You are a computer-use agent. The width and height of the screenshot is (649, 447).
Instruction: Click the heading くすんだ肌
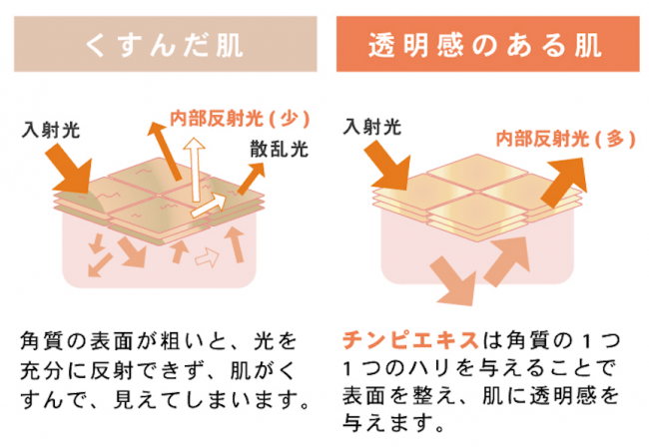pyautogui.click(x=164, y=45)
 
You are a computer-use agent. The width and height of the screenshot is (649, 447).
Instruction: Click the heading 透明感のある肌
pyautogui.click(x=484, y=45)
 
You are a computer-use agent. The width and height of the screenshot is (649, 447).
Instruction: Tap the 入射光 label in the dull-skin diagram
pyautogui.click(x=51, y=130)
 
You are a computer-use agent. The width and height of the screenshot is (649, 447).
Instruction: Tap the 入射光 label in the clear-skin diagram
pyautogui.click(x=372, y=126)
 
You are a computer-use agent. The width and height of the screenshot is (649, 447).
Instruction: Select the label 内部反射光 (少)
pyautogui.click(x=240, y=119)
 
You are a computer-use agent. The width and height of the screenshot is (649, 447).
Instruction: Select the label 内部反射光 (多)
pyautogui.click(x=565, y=139)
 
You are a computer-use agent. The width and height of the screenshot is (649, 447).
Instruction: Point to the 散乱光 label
pyautogui.click(x=279, y=149)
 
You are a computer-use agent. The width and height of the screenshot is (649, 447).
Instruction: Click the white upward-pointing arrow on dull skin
pyautogui.click(x=194, y=169)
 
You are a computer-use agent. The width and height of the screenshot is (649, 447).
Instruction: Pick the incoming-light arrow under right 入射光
pyautogui.click(x=388, y=166)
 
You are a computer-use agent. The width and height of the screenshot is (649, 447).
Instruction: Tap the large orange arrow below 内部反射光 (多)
pyautogui.click(x=564, y=182)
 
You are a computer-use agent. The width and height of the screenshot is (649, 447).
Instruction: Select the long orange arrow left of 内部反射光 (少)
pyautogui.click(x=165, y=151)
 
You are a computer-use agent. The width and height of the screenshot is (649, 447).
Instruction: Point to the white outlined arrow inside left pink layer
pyautogui.click(x=207, y=257)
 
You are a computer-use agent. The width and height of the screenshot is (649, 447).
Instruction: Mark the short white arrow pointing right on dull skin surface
pyautogui.click(x=209, y=206)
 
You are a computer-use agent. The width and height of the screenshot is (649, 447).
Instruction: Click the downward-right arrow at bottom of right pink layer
pyautogui.click(x=453, y=281)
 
